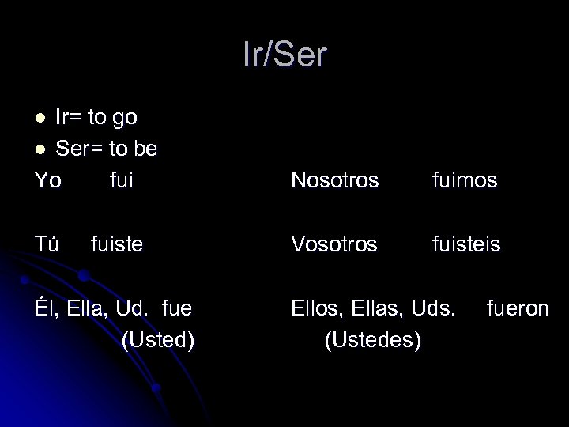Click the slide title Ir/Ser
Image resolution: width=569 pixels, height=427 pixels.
284,55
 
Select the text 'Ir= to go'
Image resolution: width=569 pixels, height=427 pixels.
96,118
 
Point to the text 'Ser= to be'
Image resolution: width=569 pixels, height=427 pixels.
106,148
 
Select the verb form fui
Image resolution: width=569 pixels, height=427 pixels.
122,180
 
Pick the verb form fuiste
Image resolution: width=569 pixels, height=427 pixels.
117,244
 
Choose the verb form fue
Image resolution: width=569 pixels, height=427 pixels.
177,308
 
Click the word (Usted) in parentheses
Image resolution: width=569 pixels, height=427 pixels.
158,340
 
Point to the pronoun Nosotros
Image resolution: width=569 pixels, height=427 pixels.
335,180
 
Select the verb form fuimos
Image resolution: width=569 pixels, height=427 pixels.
465,180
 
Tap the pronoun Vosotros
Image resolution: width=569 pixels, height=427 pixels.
335,244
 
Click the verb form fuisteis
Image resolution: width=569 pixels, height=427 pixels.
466,244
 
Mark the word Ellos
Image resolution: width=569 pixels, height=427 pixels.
317,308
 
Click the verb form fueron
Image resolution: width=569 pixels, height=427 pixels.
518,308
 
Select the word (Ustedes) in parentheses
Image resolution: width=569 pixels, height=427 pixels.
372,340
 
